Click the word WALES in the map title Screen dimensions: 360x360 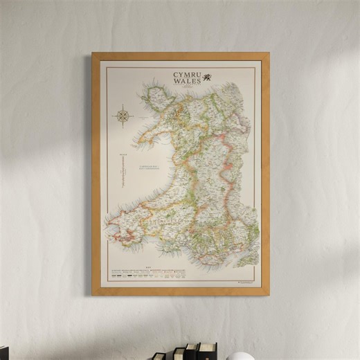[186, 80]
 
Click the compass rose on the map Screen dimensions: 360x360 [123, 116]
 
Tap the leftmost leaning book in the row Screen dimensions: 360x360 [159, 356]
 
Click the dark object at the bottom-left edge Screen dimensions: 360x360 [4, 353]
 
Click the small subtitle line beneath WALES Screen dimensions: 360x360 [186, 87]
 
